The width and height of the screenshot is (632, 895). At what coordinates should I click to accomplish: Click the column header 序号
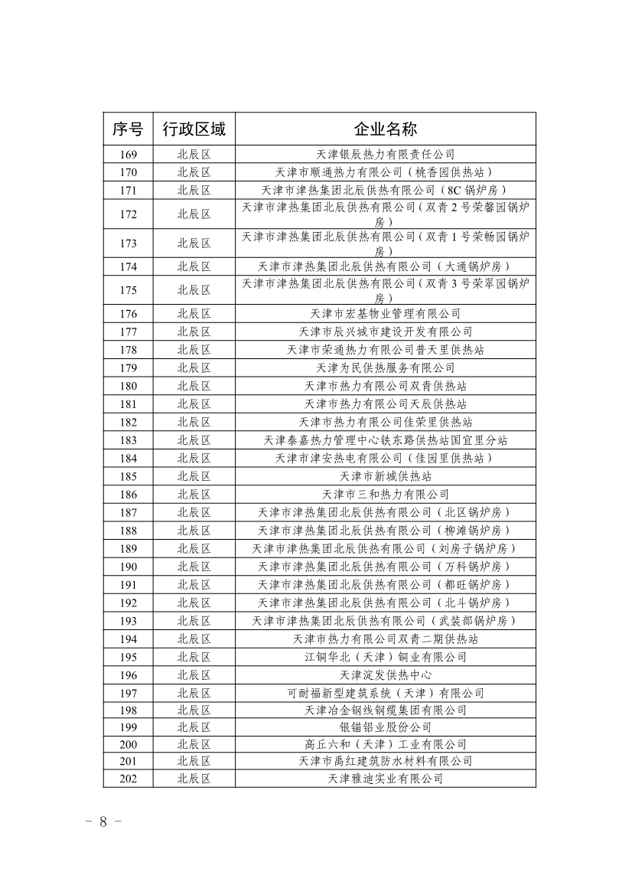pos(128,129)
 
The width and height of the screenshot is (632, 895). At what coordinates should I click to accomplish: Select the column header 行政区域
pos(194,129)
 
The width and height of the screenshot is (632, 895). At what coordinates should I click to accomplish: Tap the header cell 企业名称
pos(385,129)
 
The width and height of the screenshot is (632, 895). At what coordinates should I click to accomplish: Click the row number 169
pos(128,154)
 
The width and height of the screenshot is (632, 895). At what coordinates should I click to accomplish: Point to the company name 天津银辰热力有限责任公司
pos(385,154)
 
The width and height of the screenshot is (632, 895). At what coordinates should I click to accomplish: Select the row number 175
pos(128,290)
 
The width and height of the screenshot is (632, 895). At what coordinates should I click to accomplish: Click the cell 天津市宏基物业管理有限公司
pos(385,313)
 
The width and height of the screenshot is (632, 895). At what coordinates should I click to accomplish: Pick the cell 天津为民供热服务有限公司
pos(385,367)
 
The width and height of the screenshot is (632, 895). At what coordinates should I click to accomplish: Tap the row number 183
pos(128,440)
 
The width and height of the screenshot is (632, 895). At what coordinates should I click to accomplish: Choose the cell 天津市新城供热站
pos(385,476)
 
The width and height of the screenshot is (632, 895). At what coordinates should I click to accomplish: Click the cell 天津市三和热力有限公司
pos(385,495)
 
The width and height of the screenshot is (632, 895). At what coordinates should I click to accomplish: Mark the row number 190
pos(128,567)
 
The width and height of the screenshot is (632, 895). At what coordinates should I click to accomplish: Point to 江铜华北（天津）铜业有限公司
pos(385,657)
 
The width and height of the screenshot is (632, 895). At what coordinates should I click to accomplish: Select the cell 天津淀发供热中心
pos(385,675)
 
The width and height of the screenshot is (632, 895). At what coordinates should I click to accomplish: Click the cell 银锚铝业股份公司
pos(385,727)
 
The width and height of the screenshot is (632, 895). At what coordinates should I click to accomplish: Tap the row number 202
pos(128,778)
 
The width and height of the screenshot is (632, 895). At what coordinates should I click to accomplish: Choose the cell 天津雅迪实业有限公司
pos(385,778)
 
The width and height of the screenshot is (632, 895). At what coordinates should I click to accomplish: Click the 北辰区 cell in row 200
pos(194,743)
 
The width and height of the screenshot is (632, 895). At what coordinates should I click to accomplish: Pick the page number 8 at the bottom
pos(103,822)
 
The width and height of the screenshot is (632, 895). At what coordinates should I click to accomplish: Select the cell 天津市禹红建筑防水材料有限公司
pos(385,761)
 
